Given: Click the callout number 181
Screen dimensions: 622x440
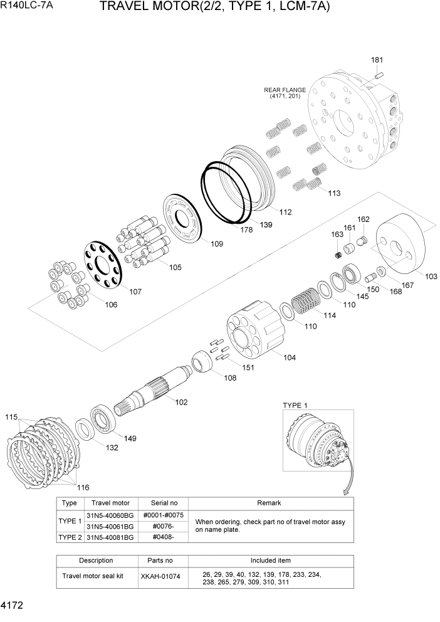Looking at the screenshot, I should [377, 60].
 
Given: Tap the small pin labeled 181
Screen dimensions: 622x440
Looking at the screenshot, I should [378, 75].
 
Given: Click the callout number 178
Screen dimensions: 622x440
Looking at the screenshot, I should [246, 230].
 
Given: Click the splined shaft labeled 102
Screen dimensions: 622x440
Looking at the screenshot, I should [157, 389].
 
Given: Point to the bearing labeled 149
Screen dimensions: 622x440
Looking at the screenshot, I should [101, 419].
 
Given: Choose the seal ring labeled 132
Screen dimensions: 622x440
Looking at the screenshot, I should [85, 431].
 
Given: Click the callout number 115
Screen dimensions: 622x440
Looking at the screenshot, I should [11, 417].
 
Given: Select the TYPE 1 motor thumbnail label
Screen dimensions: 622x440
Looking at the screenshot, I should [295, 404].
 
